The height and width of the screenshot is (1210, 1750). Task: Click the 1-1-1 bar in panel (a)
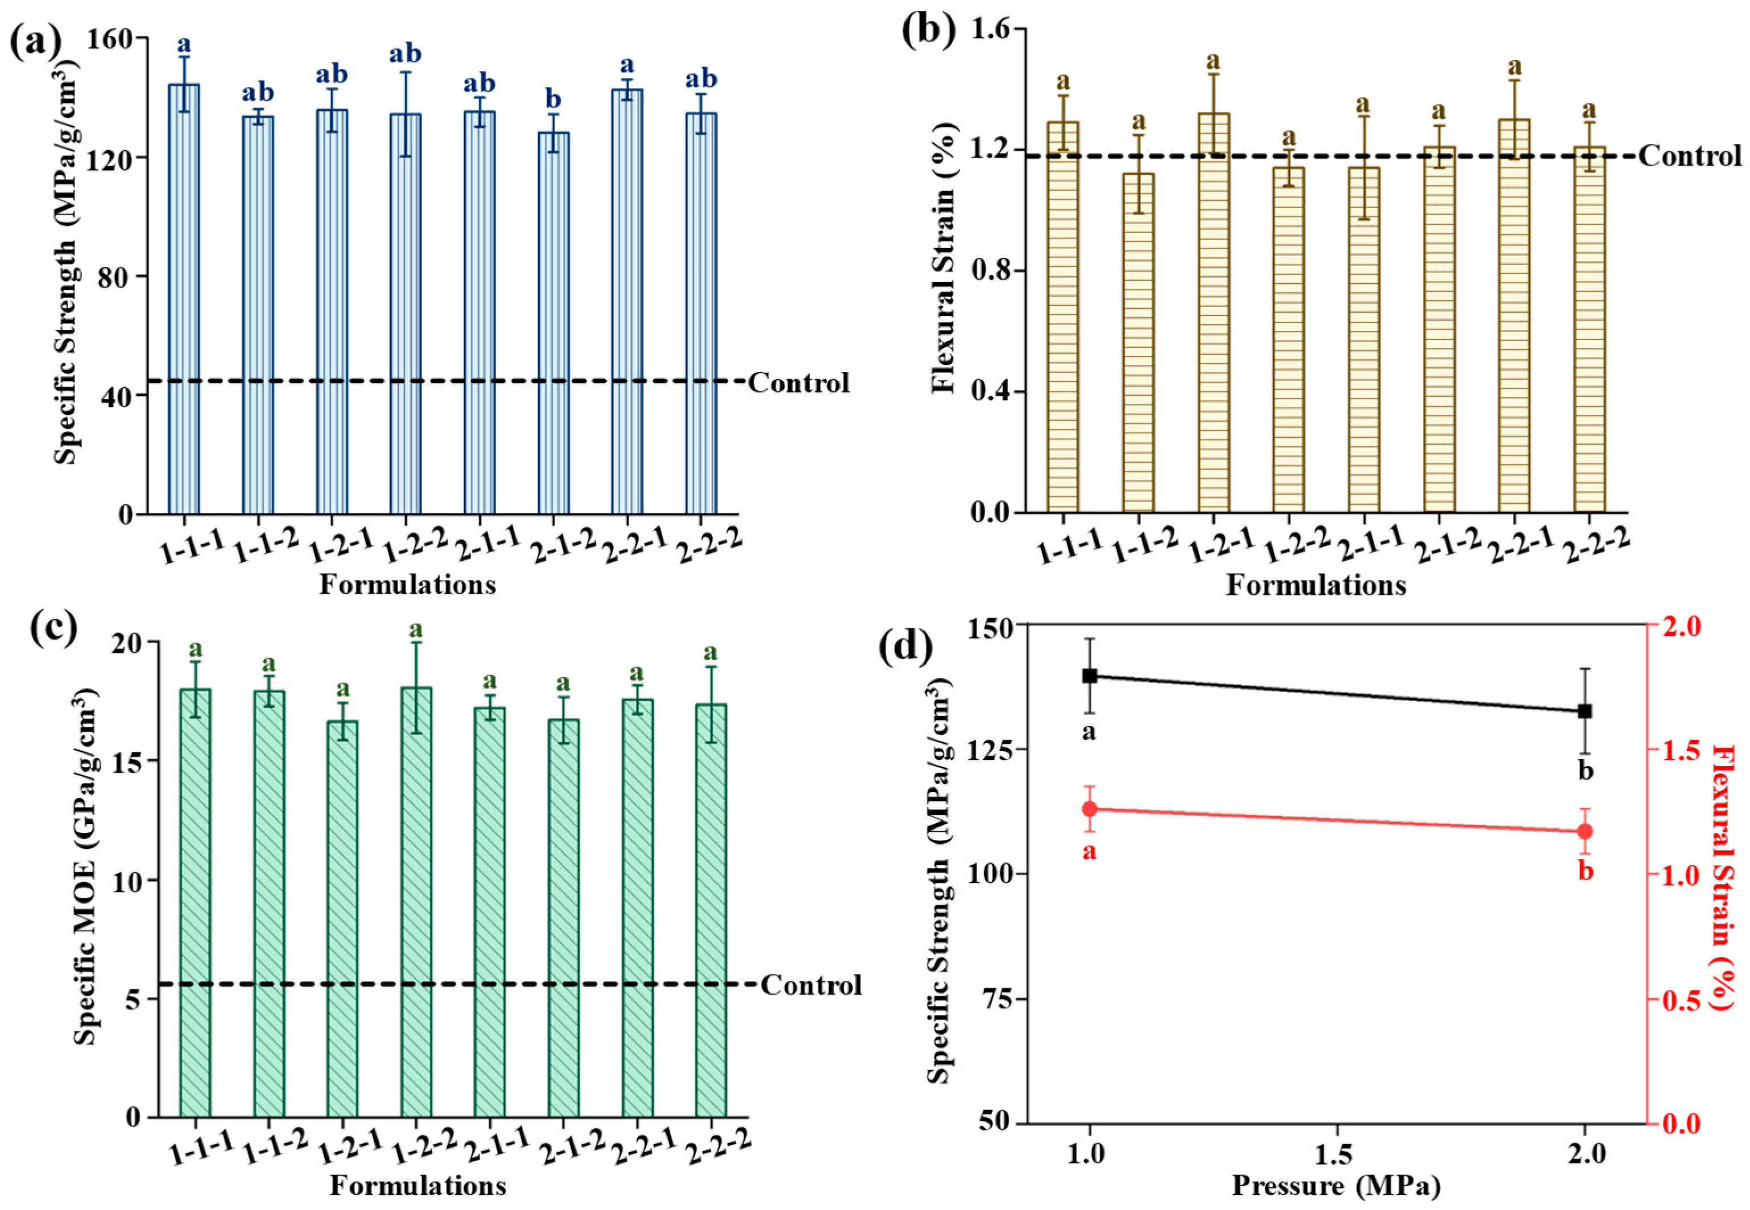[184, 303]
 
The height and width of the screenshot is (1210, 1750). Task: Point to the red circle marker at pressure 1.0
[1090, 809]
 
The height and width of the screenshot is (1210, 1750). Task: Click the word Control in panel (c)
[812, 985]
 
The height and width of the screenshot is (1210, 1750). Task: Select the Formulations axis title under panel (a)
[407, 585]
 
